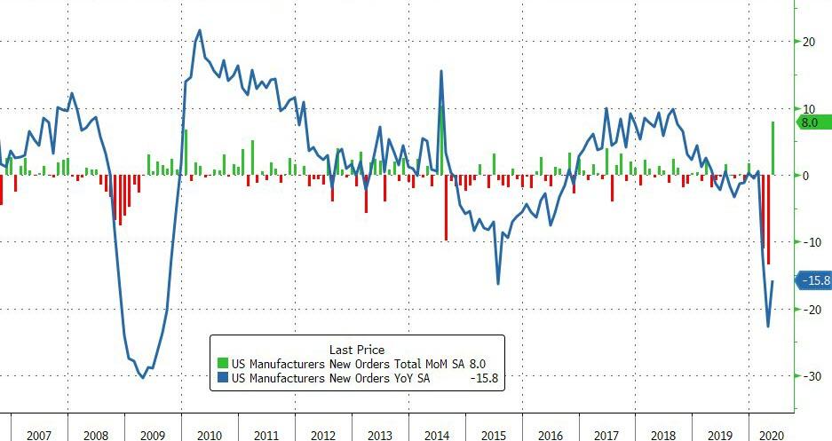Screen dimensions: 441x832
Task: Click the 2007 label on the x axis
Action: tap(39, 436)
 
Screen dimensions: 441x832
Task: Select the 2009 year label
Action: tap(152, 436)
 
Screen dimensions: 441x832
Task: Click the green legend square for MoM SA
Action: tap(223, 364)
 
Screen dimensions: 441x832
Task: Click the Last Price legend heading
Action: tap(357, 350)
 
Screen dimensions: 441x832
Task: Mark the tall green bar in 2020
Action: tap(773, 148)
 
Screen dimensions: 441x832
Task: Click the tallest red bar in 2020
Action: tap(768, 219)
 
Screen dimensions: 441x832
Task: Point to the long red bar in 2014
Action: tap(446, 207)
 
